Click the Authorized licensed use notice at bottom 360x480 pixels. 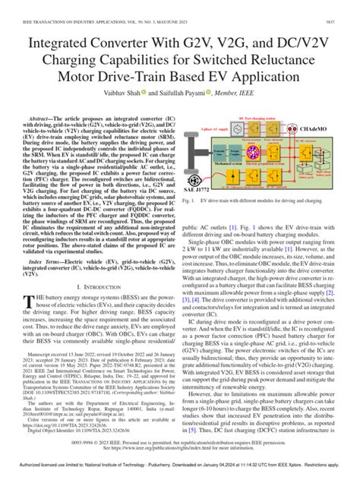coord(179,472)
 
